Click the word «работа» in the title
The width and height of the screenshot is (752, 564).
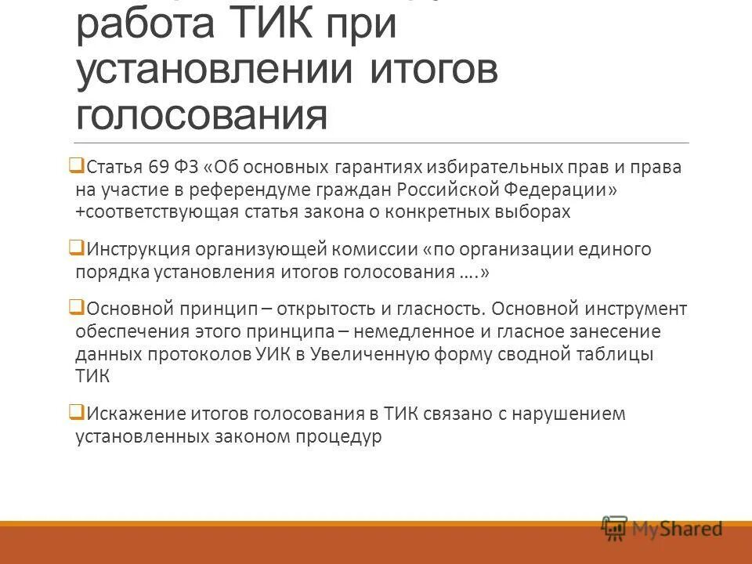[x=144, y=28]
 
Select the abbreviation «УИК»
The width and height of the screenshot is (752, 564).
[x=272, y=354]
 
